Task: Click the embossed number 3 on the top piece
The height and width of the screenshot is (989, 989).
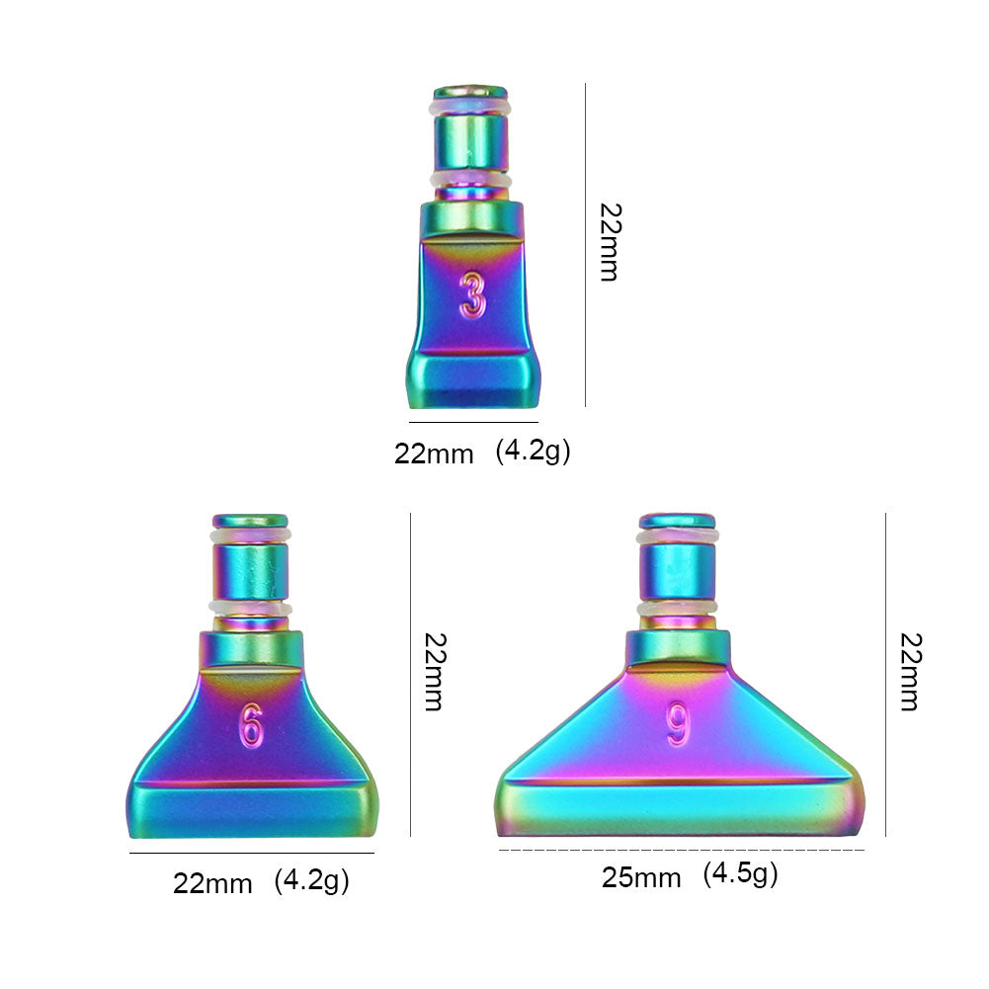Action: pos(473,294)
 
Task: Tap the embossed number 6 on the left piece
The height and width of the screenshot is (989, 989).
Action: pos(251,726)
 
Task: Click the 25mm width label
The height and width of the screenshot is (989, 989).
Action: pos(641,877)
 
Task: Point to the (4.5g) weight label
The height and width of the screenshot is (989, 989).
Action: pos(740,873)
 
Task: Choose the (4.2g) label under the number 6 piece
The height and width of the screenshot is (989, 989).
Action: pos(311,879)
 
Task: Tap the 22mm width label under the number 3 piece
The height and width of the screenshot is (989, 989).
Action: pos(434,453)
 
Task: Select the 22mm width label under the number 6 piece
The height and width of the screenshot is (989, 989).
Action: pos(212,882)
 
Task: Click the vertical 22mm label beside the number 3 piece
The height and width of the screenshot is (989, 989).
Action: pos(609,243)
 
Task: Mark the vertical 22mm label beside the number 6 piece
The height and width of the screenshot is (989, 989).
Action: pos(433,672)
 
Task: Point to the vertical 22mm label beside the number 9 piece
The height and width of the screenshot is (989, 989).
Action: pos(908,672)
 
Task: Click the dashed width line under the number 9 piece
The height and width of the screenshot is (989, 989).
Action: pos(681,850)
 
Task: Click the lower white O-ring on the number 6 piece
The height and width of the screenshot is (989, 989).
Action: pos(250,608)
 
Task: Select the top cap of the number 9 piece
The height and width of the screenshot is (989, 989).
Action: pos(678,520)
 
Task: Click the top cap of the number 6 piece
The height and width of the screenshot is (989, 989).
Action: pos(250,521)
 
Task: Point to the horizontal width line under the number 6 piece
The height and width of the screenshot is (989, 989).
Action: pos(252,853)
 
